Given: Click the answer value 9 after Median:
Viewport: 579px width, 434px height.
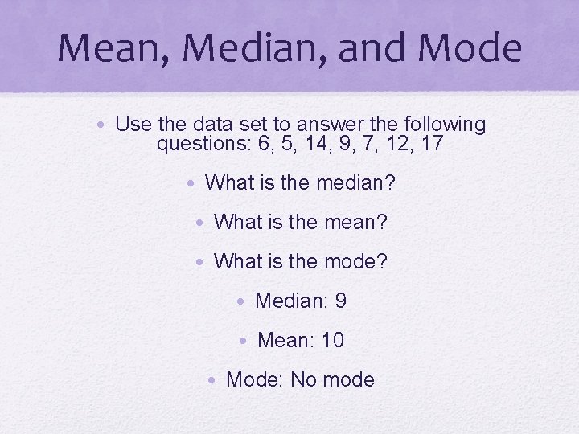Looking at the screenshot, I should (341, 301).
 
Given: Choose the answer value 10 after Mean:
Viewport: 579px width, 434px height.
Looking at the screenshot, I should (333, 340).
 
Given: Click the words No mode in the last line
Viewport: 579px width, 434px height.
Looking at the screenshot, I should (333, 379).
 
